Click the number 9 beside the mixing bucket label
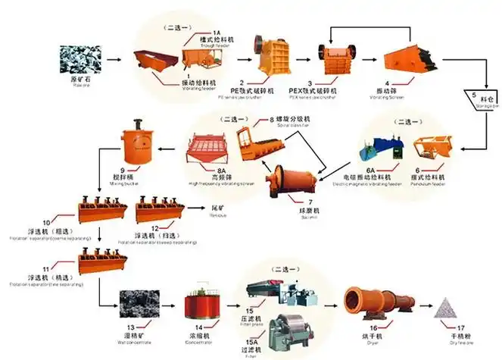click(x=121, y=171)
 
